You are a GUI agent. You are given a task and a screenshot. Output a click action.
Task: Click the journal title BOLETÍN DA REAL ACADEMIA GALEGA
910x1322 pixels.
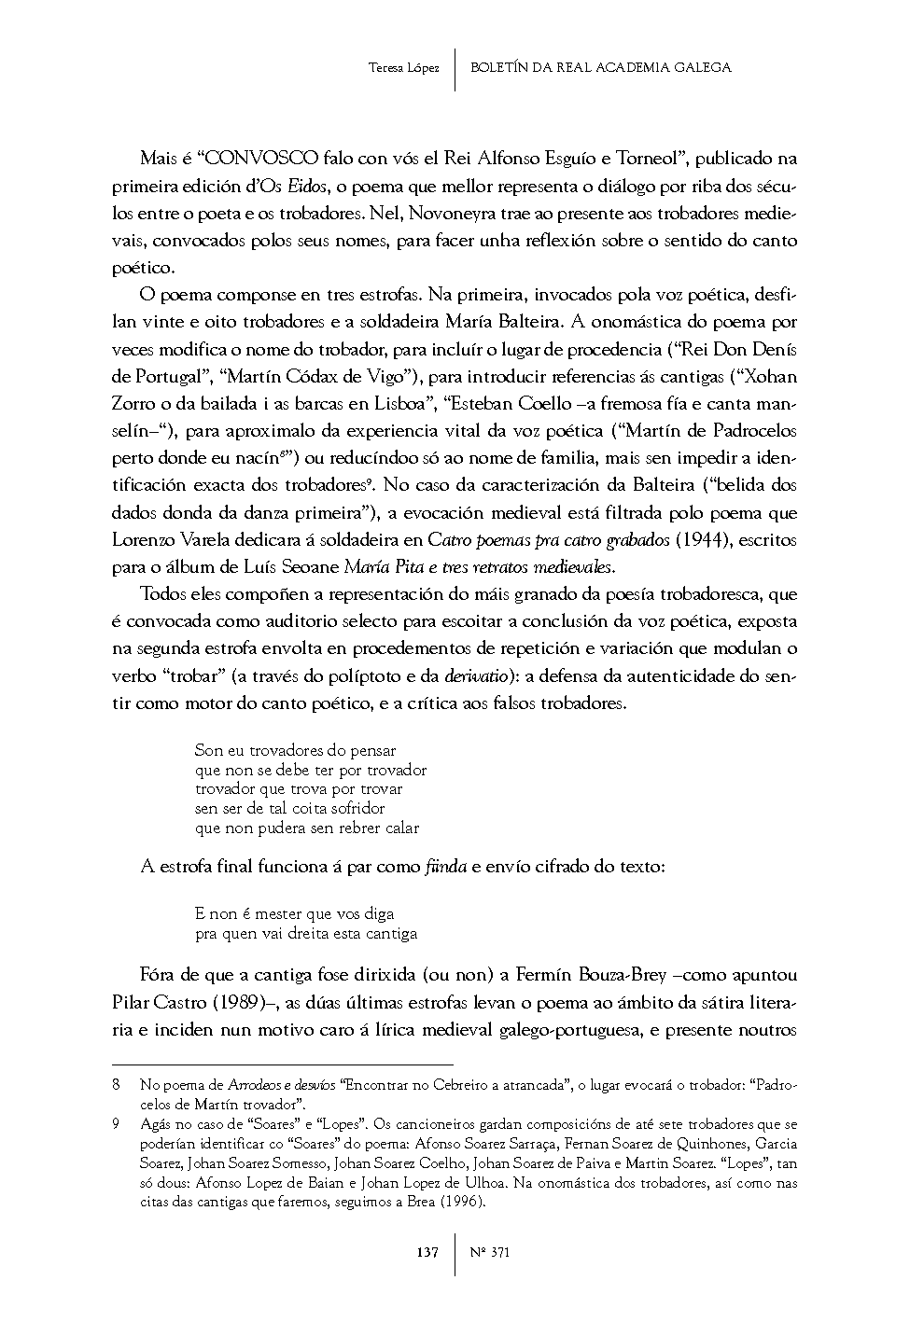(601, 67)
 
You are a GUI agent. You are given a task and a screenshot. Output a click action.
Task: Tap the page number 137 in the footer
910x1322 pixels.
(427, 1252)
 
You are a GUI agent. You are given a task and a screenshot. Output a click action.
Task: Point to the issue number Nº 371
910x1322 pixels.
(490, 1252)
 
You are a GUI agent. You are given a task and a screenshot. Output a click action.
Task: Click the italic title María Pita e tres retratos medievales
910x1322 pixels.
(480, 567)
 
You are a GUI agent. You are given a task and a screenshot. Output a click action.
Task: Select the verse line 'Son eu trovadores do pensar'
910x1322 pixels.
(295, 750)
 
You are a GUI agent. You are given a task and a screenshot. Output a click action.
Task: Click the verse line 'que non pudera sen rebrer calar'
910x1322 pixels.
(307, 828)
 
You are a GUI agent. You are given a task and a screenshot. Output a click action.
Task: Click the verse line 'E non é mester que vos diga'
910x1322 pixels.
(294, 913)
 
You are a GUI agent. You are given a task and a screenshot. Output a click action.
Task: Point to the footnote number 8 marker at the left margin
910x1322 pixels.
(116, 1085)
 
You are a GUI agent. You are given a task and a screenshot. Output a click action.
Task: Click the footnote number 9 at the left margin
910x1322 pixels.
(116, 1124)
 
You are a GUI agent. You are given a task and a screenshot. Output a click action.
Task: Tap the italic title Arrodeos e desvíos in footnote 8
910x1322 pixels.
(285, 1085)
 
